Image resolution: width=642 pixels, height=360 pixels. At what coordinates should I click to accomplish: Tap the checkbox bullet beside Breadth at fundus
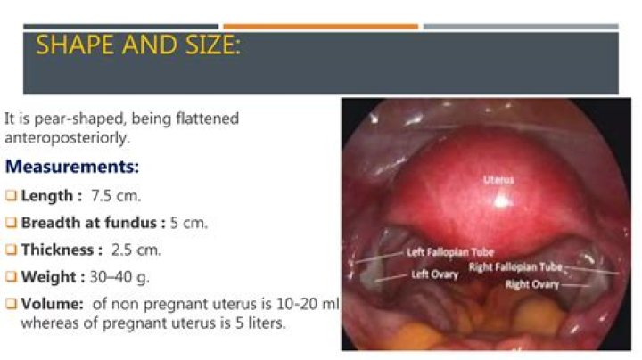pyautogui.click(x=11, y=224)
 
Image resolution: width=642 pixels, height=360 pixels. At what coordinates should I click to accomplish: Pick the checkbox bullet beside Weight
pyautogui.click(x=11, y=278)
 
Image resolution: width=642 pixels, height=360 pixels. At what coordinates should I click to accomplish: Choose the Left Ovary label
pyautogui.click(x=436, y=274)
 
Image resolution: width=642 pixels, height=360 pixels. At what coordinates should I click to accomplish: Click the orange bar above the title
pyautogui.click(x=320, y=27)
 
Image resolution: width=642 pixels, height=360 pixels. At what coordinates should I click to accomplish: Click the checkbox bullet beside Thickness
pyautogui.click(x=11, y=251)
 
